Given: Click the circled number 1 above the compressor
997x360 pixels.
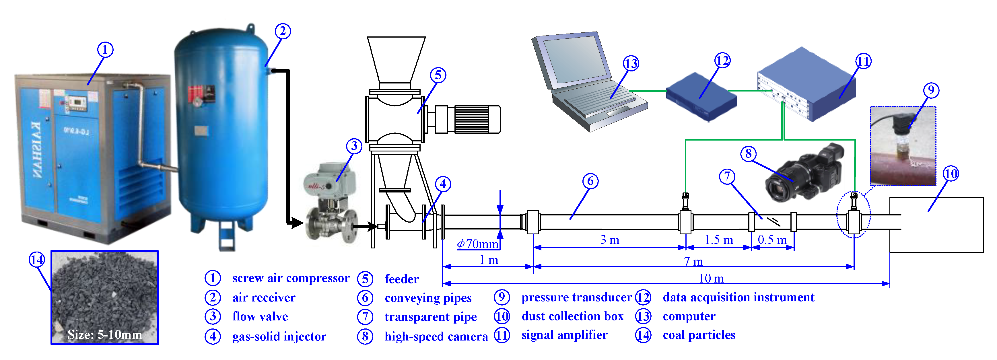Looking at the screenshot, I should (105, 50).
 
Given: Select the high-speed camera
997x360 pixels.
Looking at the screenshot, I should (805, 174).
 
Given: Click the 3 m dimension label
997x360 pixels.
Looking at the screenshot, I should (610, 240).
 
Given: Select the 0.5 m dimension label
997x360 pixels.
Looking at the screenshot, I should (772, 240).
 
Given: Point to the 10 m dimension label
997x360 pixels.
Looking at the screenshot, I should (711, 278).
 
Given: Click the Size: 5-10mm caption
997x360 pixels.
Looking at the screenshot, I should (104, 334).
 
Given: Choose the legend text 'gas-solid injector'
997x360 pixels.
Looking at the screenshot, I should (279, 336).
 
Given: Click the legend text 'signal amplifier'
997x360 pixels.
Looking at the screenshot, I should (564, 335).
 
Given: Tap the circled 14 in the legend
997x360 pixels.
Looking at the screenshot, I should (643, 335).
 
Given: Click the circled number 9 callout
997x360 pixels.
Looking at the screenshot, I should (931, 90).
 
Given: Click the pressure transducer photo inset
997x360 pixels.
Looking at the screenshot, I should (903, 146).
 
